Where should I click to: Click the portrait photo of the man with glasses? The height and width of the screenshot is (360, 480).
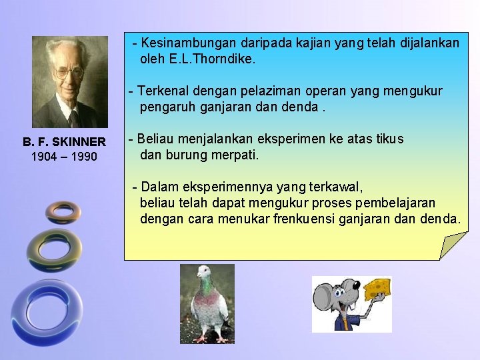click(x=69, y=81)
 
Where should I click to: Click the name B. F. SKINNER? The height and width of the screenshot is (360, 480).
click(x=64, y=142)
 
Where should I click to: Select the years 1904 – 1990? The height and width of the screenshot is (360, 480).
click(x=64, y=157)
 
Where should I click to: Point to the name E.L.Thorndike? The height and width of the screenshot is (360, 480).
click(x=197, y=59)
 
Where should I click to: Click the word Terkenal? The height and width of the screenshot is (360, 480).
click(x=163, y=91)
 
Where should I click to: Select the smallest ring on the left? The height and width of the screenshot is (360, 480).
click(x=63, y=211)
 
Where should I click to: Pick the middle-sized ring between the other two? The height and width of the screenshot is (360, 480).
click(x=54, y=251)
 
